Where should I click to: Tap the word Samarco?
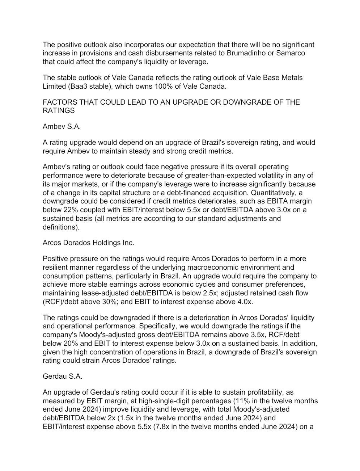point(291,53)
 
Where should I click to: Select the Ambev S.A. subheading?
point(62,126)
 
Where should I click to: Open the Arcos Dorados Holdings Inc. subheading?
point(88,243)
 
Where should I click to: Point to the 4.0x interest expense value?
point(244,302)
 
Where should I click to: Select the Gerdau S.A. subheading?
point(62,376)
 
